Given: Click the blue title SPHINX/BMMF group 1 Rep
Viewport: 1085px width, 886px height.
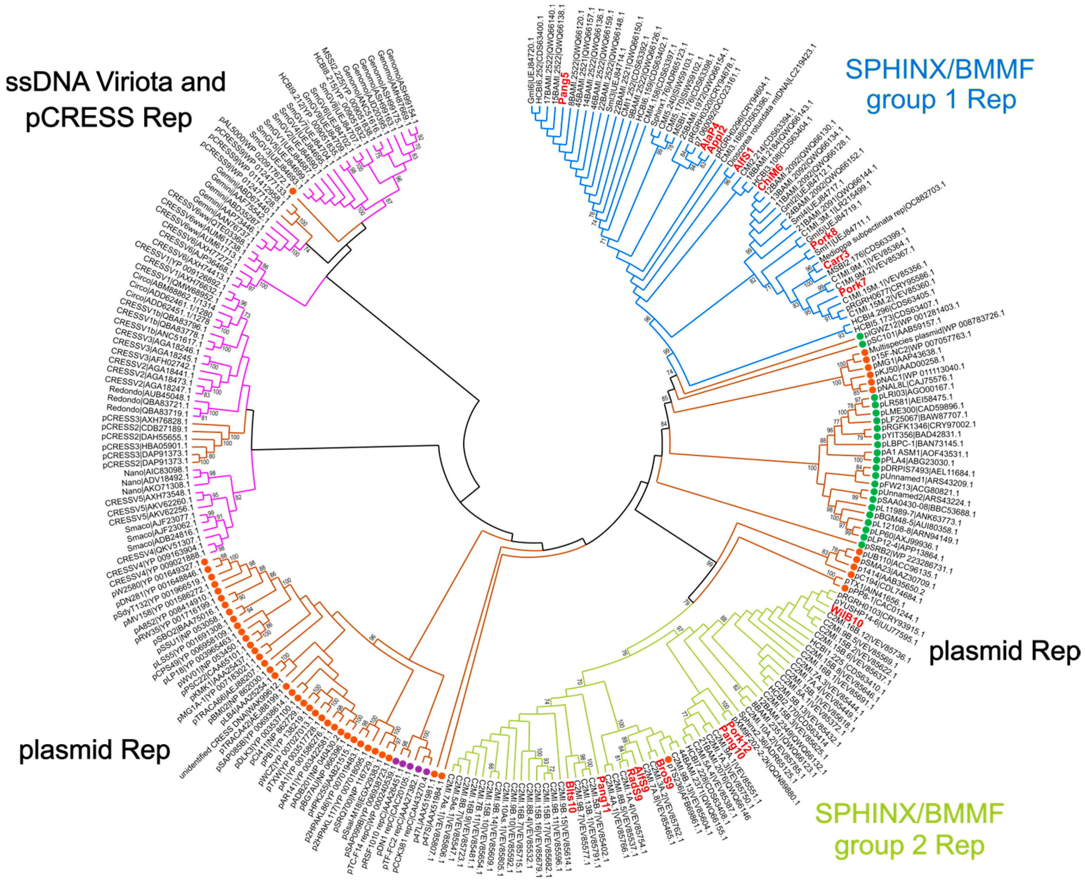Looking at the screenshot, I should tap(940, 84).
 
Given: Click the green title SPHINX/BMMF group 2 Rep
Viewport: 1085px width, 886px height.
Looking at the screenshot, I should tap(909, 829).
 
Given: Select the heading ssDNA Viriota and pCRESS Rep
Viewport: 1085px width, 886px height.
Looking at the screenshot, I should tap(115, 100).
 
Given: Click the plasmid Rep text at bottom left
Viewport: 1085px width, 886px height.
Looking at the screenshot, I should tap(94, 750).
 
